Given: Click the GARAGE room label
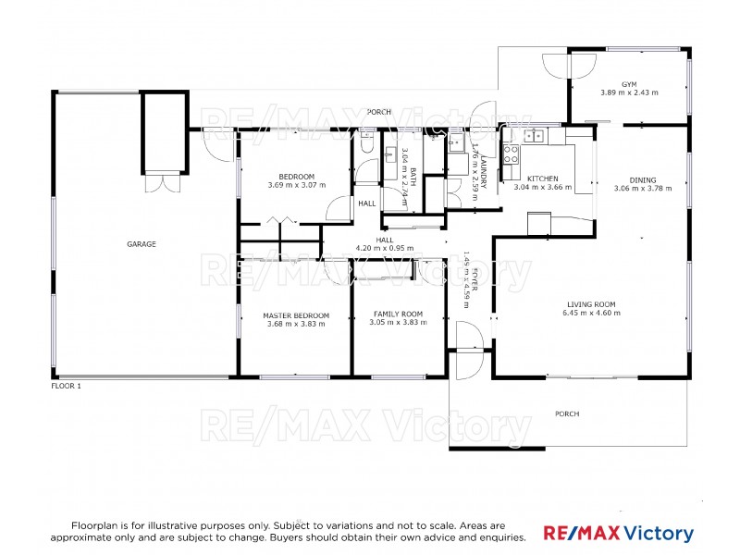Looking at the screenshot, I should (x=142, y=244).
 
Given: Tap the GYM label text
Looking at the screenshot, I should (x=629, y=83).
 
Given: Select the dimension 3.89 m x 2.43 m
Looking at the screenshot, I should (x=629, y=92).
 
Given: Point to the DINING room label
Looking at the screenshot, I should (x=642, y=180).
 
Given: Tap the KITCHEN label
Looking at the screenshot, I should (x=543, y=178).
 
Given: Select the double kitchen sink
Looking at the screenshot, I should (x=534, y=136).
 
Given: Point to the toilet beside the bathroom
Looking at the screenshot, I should (x=366, y=146).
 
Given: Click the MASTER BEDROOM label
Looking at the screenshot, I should (x=295, y=315).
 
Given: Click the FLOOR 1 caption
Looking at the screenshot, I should (x=66, y=385).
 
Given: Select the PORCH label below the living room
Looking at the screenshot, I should (x=566, y=413).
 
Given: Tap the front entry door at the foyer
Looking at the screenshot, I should (x=465, y=349).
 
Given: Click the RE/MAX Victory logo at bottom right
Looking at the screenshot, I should (x=618, y=534).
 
